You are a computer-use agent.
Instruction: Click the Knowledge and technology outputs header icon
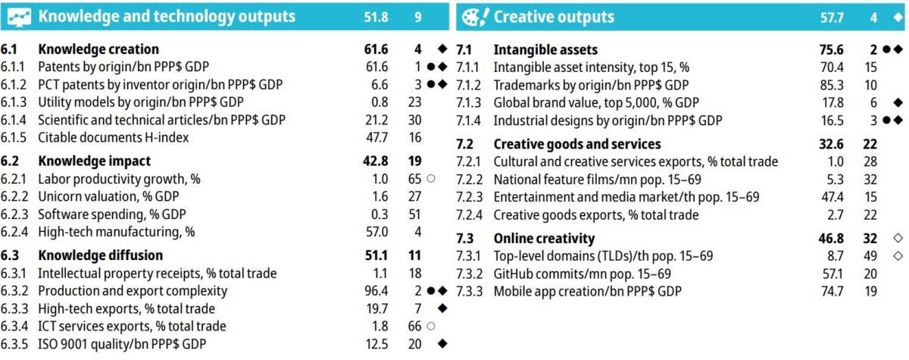pyautogui.click(x=19, y=17)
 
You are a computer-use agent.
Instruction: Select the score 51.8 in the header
pyautogui.click(x=376, y=17)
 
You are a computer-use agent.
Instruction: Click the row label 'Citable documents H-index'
pyautogui.click(x=113, y=138)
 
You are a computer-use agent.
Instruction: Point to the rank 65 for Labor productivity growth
pyautogui.click(x=415, y=179)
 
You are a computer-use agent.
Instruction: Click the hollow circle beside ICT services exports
pyautogui.click(x=431, y=326)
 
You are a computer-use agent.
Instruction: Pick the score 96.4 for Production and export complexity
pyautogui.click(x=376, y=291)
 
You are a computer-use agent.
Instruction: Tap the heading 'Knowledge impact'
pyautogui.click(x=94, y=161)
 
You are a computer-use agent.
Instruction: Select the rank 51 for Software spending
pyautogui.click(x=415, y=214)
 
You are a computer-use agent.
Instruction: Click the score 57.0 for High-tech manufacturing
pyautogui.click(x=376, y=232)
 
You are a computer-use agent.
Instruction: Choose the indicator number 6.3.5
pyautogui.click(x=14, y=344)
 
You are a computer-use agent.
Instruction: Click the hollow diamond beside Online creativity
pyautogui.click(x=898, y=238)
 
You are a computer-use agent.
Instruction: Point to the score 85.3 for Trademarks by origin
pyautogui.click(x=832, y=85)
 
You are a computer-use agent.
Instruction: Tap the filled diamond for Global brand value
pyautogui.click(x=898, y=102)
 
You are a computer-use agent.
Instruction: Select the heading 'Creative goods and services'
pyautogui.click(x=577, y=144)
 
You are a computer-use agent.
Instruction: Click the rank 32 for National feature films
pyautogui.click(x=870, y=180)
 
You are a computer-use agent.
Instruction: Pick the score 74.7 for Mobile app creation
pyautogui.click(x=832, y=291)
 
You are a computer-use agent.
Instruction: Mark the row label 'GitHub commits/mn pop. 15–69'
pyautogui.click(x=583, y=274)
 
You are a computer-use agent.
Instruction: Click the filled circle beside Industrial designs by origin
pyautogui.click(x=887, y=121)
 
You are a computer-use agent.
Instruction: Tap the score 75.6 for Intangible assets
pyautogui.click(x=831, y=50)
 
